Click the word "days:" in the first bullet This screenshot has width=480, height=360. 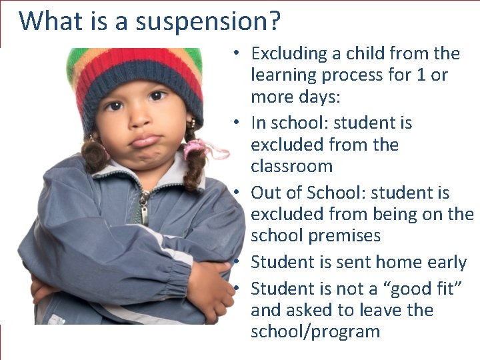[317, 97]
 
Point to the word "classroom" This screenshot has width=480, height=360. [291, 166]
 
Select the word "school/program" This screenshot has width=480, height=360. [315, 331]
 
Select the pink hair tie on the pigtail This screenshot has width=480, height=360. [200, 148]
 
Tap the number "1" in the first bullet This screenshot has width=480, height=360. [421, 75]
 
